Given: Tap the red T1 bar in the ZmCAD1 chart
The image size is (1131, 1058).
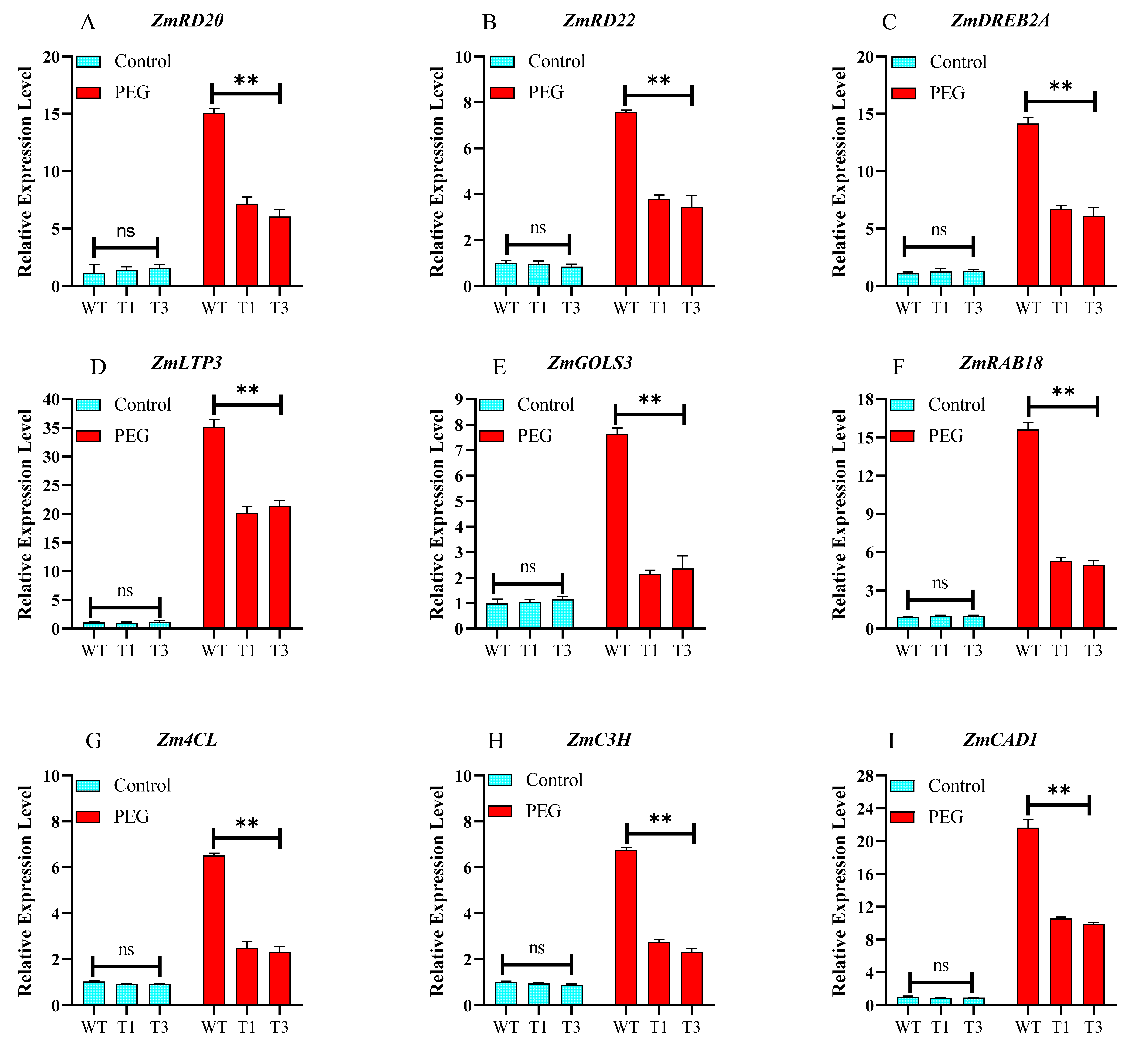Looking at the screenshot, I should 1061,962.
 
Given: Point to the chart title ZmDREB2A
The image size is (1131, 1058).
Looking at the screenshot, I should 1000,21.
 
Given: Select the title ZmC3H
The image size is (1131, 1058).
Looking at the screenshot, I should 599,740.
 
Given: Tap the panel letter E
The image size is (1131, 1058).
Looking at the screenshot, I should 499,368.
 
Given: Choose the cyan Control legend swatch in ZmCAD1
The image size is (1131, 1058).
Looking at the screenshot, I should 902,786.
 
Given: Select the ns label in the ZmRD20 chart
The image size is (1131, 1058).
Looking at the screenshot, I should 126,231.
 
